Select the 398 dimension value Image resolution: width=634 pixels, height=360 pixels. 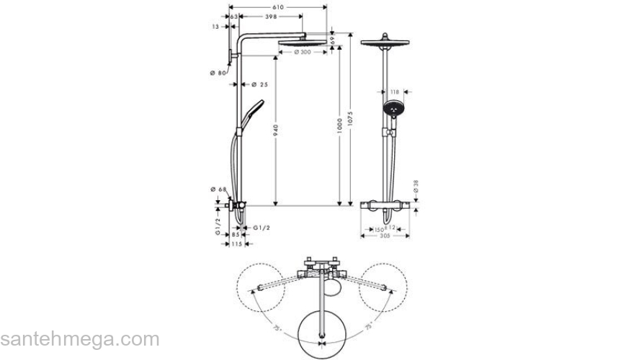coord(272,16)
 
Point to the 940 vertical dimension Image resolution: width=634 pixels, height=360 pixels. coord(277,130)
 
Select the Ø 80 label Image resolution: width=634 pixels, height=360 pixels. coord(218,73)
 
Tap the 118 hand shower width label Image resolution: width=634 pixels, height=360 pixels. coord(394,91)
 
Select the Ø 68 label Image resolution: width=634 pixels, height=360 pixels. coord(218,189)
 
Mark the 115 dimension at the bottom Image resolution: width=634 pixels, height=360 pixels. coord(236,244)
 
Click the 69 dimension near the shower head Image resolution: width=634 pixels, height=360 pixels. coord(333,42)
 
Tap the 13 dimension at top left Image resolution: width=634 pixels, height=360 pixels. coord(215,26)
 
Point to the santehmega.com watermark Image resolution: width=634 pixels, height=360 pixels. coord(79,338)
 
